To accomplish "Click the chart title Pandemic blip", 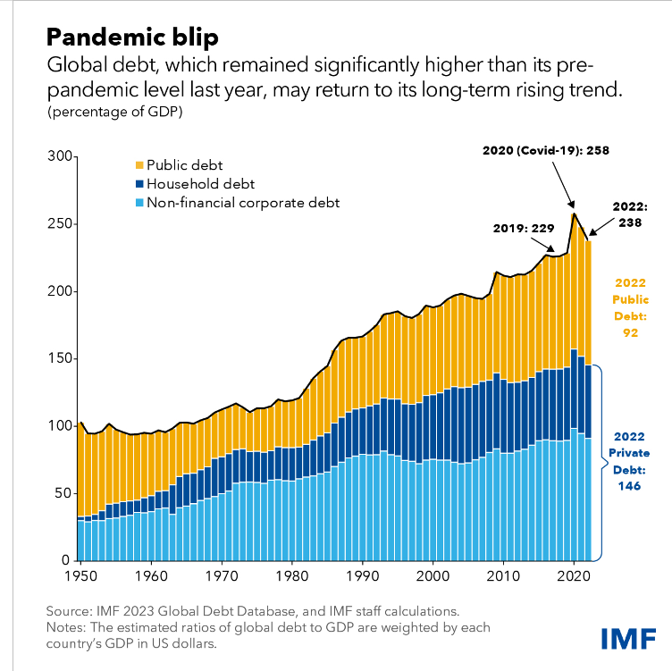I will [x=131, y=38].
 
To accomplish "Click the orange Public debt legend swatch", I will [x=139, y=165].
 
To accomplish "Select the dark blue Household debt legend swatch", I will [x=139, y=184].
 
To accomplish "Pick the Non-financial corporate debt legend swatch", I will [x=139, y=203].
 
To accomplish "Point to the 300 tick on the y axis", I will [x=59, y=157].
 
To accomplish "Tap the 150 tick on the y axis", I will [x=59, y=359].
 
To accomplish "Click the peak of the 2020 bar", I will [x=574, y=214].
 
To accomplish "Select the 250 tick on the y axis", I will [x=59, y=224].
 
